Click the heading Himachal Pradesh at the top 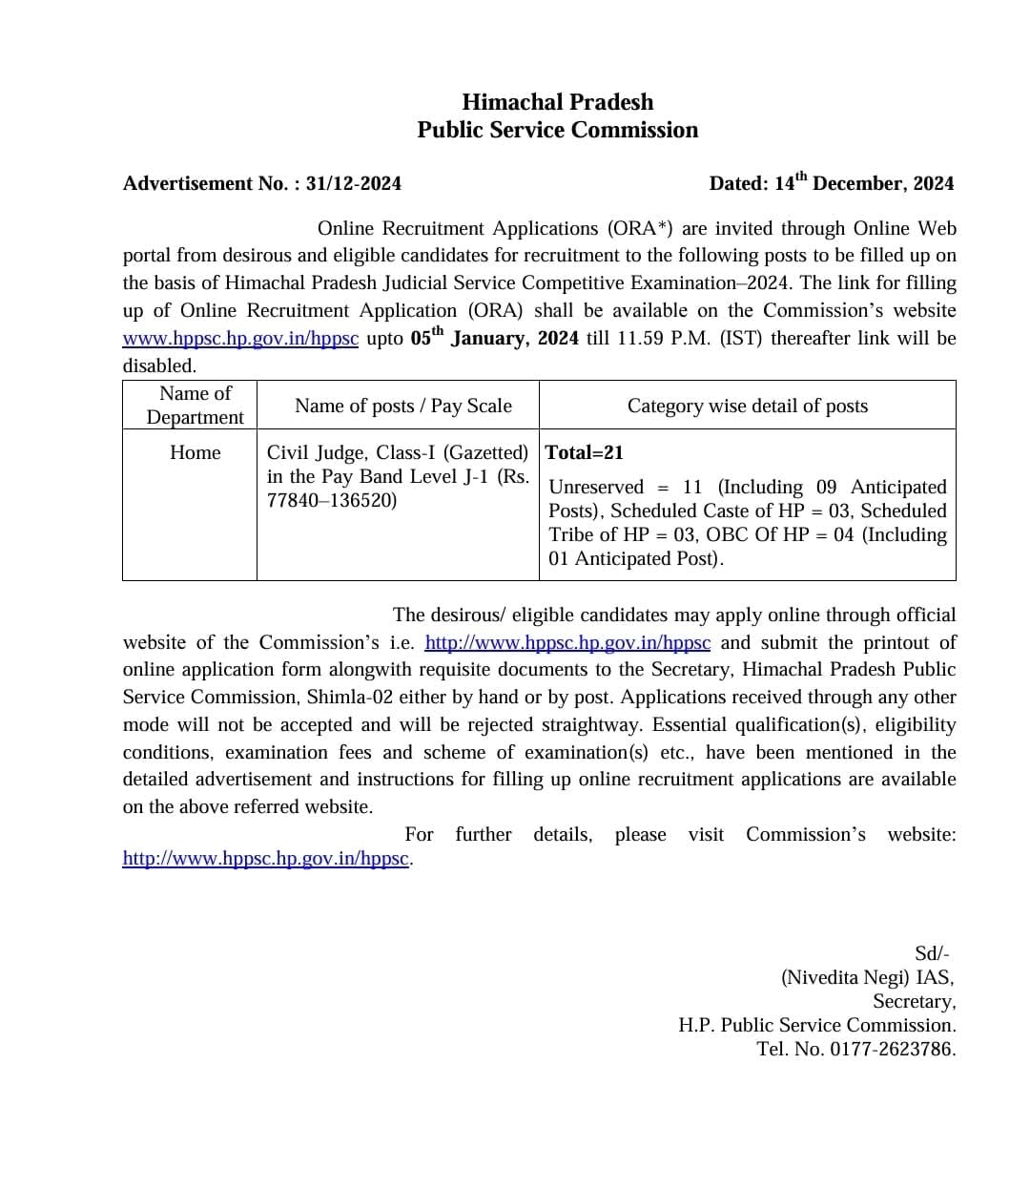[x=557, y=102]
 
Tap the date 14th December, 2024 [x=863, y=182]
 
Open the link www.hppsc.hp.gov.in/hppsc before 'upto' [x=240, y=339]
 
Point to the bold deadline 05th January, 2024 [x=494, y=338]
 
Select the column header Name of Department [x=195, y=406]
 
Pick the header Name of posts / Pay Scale [x=402, y=406]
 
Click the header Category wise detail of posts [x=747, y=406]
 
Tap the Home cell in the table [x=195, y=452]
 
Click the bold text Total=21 [x=584, y=452]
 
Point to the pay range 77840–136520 [x=332, y=500]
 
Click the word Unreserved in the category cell [x=596, y=487]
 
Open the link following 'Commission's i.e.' [x=567, y=643]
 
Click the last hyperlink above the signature [x=266, y=859]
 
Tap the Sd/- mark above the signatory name [x=931, y=953]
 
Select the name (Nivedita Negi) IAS [x=867, y=977]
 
